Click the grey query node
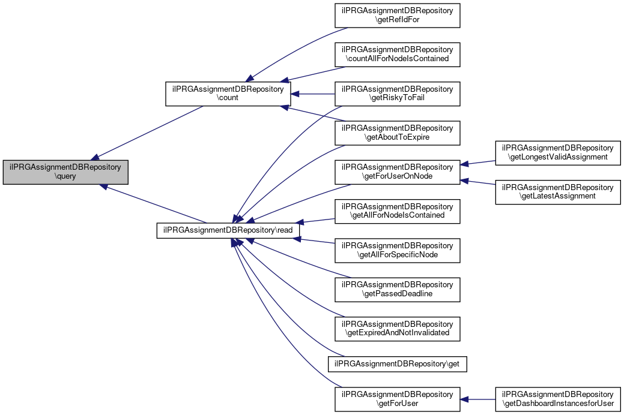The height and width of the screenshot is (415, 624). [65, 172]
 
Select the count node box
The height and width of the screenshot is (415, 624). [228, 93]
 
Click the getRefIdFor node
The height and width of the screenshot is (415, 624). [397, 14]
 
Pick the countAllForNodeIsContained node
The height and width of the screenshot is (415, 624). [397, 54]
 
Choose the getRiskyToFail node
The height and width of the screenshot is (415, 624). [397, 94]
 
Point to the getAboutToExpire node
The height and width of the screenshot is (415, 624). [397, 133]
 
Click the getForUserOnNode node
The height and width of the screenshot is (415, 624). [397, 172]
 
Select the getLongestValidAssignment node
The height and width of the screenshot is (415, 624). [557, 152]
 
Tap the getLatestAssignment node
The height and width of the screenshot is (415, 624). [557, 191]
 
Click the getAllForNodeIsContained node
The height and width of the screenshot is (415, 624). [397, 210]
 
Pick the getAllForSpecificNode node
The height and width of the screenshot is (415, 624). [397, 250]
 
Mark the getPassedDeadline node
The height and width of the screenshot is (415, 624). [397, 289]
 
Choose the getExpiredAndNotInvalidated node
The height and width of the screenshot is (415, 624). [397, 328]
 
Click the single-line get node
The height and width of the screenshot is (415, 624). [397, 363]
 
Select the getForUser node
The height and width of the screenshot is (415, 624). [397, 399]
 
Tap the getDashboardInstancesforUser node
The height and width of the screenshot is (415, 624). [557, 399]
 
